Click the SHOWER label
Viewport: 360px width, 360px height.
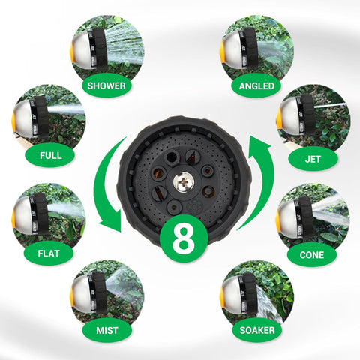click(106, 85)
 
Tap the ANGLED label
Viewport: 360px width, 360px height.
click(256, 85)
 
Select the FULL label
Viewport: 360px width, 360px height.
click(50, 155)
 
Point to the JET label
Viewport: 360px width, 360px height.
click(313, 159)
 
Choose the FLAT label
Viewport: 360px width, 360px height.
click(49, 253)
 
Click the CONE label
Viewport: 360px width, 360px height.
click(312, 255)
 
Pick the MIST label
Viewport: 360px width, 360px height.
click(107, 330)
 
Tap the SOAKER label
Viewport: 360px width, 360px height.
click(257, 330)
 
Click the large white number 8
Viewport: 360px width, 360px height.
click(184, 238)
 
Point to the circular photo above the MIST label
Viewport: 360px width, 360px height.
click(107, 294)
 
